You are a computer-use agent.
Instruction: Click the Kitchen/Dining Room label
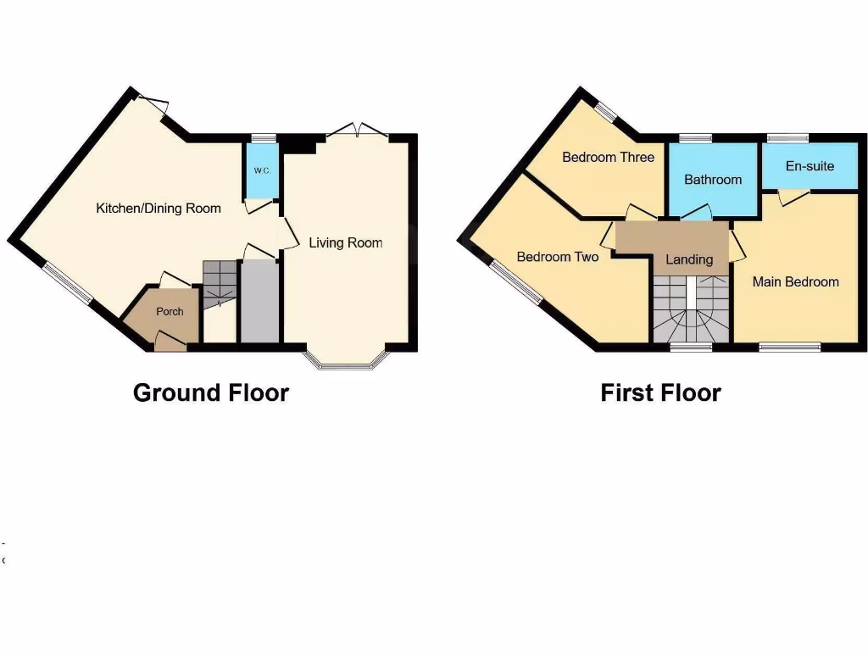(x=159, y=209)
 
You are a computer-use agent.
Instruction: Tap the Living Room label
(x=345, y=243)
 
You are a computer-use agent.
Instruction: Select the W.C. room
(x=261, y=170)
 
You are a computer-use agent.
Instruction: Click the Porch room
(x=170, y=312)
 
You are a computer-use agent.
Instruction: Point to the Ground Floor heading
(x=211, y=393)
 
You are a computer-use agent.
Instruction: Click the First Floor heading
(x=660, y=393)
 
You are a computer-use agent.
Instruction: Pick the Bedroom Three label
(x=608, y=157)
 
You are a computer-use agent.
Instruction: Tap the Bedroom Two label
(x=558, y=257)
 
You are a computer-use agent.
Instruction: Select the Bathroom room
(x=712, y=179)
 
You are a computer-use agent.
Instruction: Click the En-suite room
(x=810, y=166)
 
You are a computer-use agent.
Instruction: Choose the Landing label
(x=689, y=259)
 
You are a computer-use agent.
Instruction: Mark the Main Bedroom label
(x=795, y=281)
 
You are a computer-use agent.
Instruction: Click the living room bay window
(x=346, y=364)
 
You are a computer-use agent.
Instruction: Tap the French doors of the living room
(x=358, y=131)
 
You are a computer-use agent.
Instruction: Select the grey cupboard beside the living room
(x=259, y=302)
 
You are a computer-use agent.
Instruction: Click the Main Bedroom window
(x=789, y=346)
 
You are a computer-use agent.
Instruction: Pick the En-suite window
(x=787, y=137)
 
